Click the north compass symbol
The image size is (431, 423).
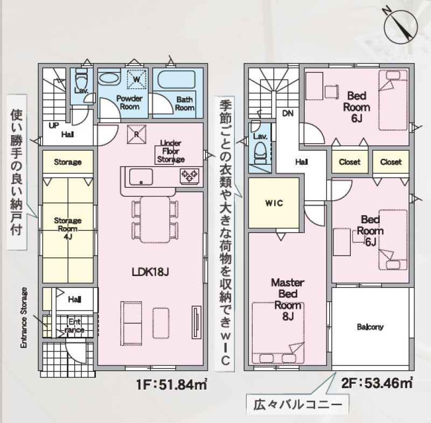[x=400, y=27]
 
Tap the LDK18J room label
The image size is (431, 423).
[x=150, y=272]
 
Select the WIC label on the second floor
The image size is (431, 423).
[x=274, y=203]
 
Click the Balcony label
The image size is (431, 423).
[x=370, y=327]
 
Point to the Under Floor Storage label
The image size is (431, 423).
[x=171, y=151]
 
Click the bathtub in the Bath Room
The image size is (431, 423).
[x=177, y=80]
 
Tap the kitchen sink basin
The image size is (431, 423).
[x=141, y=177]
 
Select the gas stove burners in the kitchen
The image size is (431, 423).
[x=189, y=175]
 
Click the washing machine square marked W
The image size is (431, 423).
[x=137, y=79]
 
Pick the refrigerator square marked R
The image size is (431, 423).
[x=136, y=134]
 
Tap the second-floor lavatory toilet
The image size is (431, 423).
[x=260, y=154]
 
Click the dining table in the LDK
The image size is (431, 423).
[x=155, y=220]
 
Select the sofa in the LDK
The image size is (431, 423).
[x=131, y=323]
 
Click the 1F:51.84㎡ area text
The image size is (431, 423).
[x=171, y=384]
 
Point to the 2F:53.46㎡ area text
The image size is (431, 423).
[x=377, y=383]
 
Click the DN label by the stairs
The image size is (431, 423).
[x=288, y=113]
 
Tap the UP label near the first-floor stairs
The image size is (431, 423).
[x=54, y=125]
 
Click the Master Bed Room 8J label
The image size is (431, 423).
[x=288, y=299]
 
